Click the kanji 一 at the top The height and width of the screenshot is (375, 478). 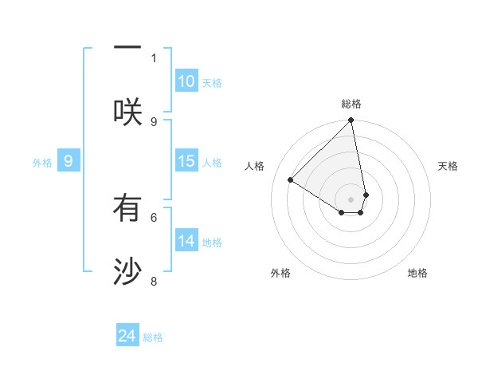(127, 47)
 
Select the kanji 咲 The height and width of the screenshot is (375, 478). (127, 111)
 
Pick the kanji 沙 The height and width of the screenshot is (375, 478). (127, 272)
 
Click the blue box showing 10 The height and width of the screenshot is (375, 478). (186, 81)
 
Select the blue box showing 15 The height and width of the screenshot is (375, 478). (186, 161)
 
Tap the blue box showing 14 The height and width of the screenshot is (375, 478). (186, 241)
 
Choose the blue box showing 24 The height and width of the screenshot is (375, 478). (127, 336)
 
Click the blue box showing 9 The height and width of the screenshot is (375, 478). (69, 161)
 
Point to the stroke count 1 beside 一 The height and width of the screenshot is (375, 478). (154, 57)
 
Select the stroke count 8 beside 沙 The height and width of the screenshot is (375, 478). (154, 281)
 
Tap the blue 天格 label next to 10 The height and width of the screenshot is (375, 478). (212, 83)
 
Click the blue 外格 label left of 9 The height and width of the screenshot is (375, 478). (42, 163)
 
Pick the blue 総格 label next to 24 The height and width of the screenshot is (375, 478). (153, 337)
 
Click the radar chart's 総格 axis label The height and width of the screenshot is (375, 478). (351, 104)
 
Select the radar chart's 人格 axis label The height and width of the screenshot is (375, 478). (254, 166)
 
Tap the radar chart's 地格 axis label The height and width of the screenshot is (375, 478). (417, 273)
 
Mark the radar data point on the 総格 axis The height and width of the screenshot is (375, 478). (351, 121)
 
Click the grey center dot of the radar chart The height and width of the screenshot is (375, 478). (351, 199)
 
